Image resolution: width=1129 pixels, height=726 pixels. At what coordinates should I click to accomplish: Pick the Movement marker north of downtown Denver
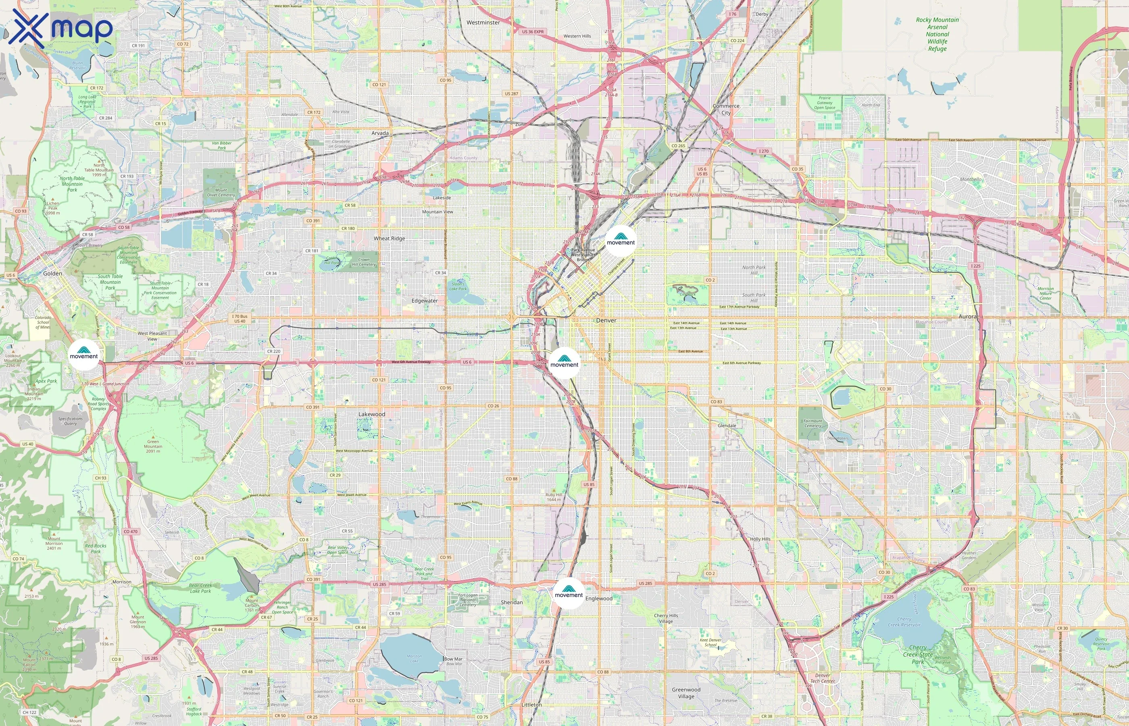[621, 240]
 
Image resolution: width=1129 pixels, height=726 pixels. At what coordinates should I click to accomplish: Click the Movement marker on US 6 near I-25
[564, 363]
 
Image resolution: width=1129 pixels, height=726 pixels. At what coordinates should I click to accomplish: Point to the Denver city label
[606, 320]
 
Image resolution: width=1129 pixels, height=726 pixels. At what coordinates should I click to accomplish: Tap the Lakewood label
[372, 414]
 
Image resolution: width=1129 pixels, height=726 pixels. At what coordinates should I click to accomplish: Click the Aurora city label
[967, 316]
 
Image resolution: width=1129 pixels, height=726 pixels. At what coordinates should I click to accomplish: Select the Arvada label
[380, 133]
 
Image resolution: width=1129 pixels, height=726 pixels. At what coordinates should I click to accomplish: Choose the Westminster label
[483, 22]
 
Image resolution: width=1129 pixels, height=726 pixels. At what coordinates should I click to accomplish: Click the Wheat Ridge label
[389, 238]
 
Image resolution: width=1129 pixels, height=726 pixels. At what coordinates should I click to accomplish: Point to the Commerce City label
[726, 109]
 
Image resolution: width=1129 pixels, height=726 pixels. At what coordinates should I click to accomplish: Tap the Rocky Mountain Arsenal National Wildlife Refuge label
[937, 34]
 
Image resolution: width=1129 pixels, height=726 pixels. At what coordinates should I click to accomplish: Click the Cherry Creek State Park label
[918, 654]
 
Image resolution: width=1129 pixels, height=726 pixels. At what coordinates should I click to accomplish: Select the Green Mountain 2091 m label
[153, 446]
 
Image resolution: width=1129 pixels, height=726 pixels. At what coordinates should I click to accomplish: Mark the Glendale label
[727, 425]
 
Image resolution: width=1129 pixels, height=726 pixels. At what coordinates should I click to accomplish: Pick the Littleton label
[531, 704]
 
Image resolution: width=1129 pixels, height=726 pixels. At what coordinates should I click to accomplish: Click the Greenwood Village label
[686, 693]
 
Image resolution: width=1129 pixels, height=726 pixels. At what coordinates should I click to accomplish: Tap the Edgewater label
[425, 300]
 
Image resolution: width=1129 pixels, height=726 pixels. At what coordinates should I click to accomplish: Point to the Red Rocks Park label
[96, 548]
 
